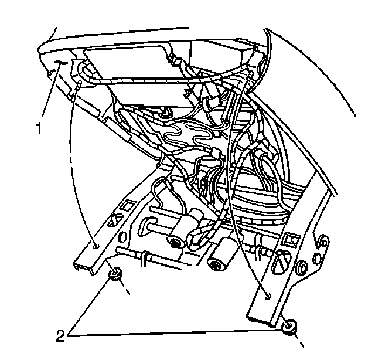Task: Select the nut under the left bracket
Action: pyautogui.click(x=115, y=273)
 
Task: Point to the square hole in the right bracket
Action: pyautogui.click(x=289, y=240)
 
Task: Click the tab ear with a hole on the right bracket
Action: pyautogui.click(x=320, y=240)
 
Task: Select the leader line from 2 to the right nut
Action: pyautogui.click(x=176, y=334)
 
